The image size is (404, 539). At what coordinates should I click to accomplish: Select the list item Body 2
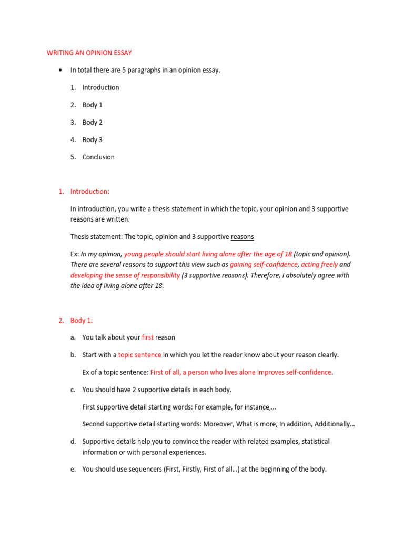click(x=92, y=122)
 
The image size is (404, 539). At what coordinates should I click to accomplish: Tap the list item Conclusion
click(x=98, y=157)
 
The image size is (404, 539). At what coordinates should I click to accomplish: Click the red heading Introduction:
click(x=90, y=192)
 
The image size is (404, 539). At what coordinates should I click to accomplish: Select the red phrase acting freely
click(x=319, y=265)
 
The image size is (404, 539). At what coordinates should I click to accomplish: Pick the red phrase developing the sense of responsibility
click(x=125, y=275)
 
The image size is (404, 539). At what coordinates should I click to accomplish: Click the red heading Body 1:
click(x=82, y=320)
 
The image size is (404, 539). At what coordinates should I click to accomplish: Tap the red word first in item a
click(x=147, y=337)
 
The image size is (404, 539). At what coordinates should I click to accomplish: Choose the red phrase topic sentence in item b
click(x=139, y=355)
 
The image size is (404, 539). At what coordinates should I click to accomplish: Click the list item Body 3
click(x=92, y=139)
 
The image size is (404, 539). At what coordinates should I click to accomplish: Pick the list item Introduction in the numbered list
click(x=100, y=87)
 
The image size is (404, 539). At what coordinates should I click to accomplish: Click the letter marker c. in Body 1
click(x=73, y=390)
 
